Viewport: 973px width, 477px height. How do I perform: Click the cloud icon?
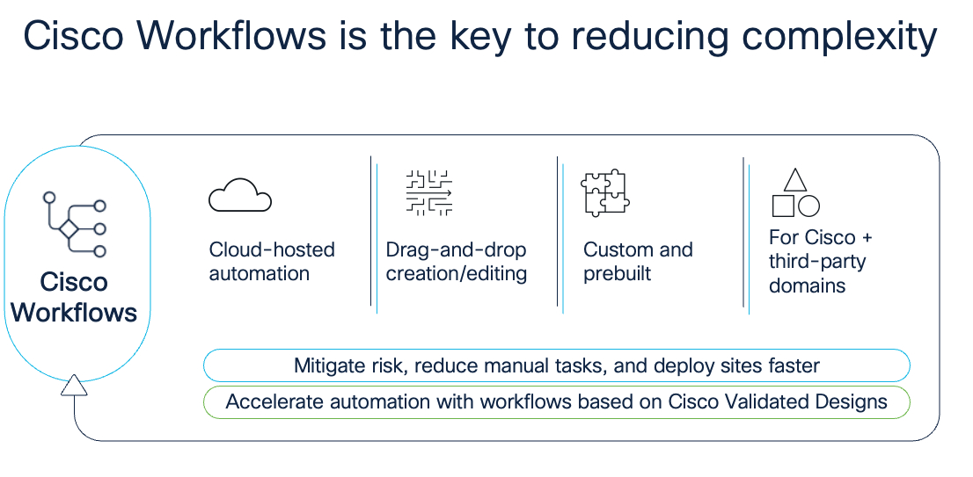(x=240, y=195)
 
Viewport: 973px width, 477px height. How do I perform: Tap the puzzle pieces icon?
(x=605, y=192)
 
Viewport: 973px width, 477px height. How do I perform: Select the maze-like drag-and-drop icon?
(x=428, y=192)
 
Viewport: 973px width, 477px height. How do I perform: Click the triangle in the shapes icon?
(x=795, y=180)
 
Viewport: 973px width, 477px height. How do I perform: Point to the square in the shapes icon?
(x=783, y=206)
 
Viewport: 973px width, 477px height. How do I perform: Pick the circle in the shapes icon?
(x=808, y=206)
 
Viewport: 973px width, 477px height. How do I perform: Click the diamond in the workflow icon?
(x=69, y=228)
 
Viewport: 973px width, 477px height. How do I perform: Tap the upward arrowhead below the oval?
(x=74, y=385)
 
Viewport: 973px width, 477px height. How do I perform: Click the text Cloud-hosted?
(x=272, y=249)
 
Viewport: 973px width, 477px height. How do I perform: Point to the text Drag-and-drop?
(x=456, y=249)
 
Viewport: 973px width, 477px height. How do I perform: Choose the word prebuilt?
(x=617, y=274)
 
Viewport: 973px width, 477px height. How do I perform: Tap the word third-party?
(x=817, y=262)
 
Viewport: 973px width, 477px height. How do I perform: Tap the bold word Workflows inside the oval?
(x=74, y=312)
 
